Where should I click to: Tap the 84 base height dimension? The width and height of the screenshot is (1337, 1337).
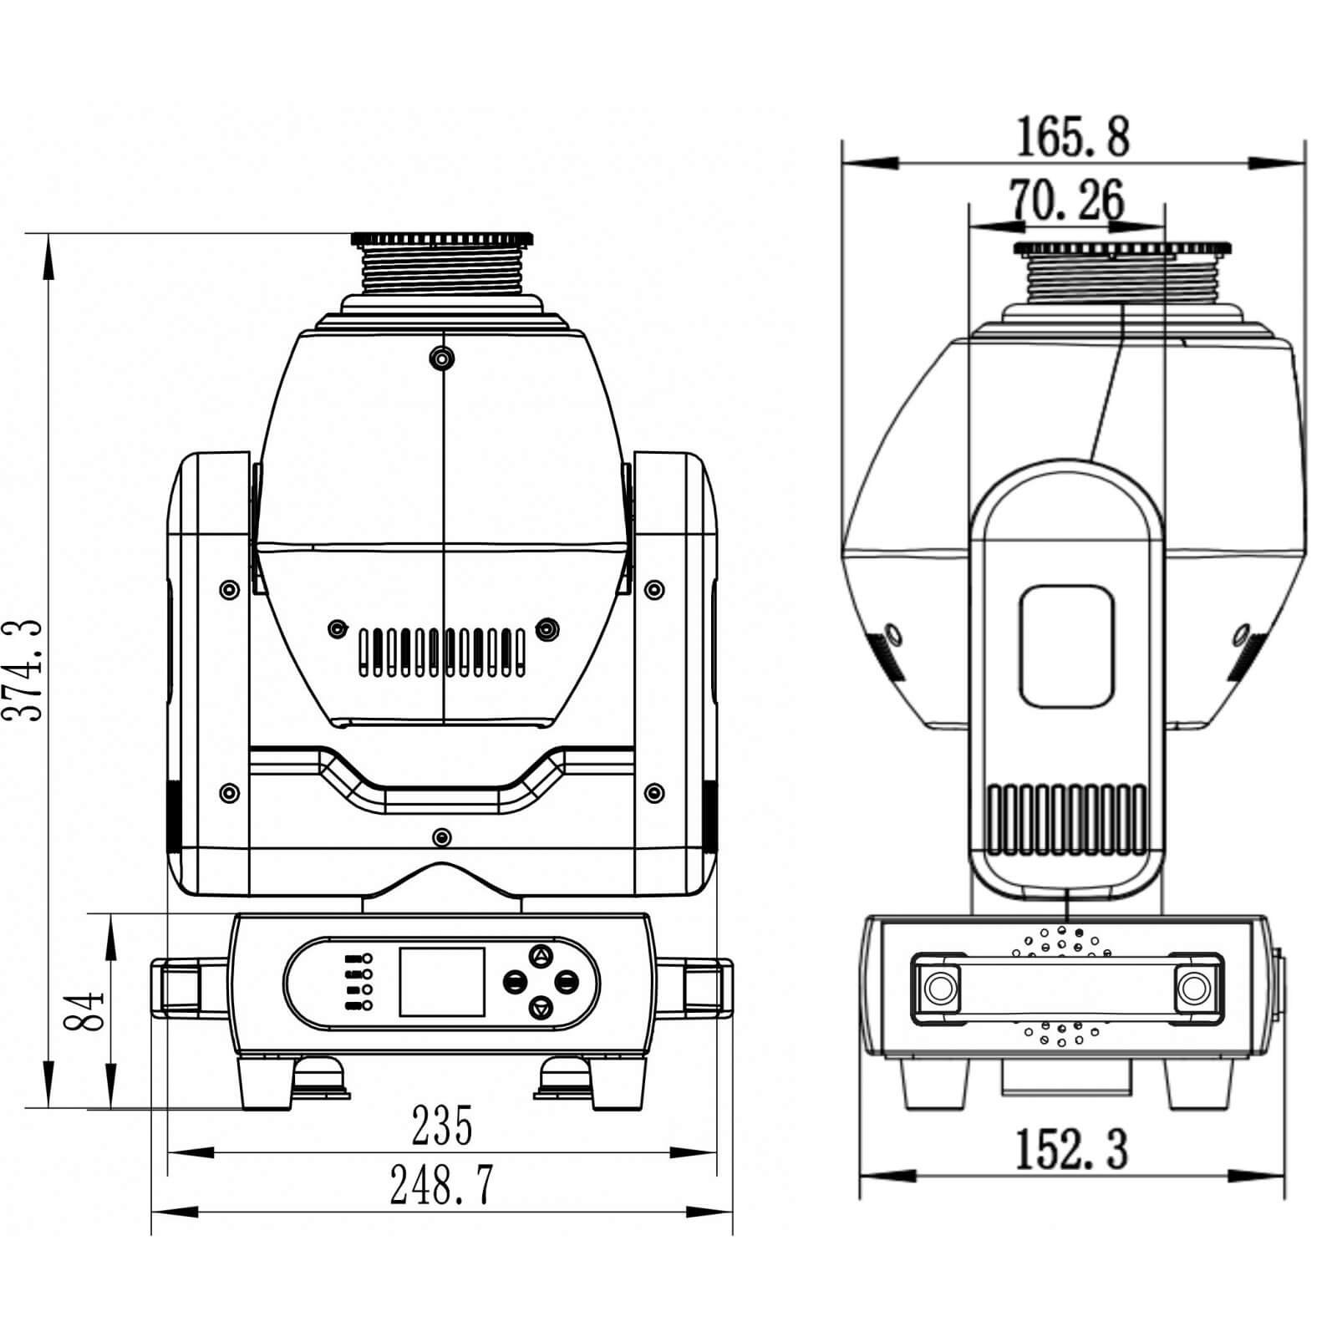point(85,1011)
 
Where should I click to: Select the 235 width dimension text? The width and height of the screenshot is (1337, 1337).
point(442,1125)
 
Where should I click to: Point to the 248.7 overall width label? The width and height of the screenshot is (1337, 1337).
point(442,1185)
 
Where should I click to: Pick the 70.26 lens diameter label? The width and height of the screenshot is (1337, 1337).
point(1067,201)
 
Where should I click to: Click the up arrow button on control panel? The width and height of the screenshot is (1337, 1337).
point(541,956)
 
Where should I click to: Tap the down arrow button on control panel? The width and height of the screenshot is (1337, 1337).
point(541,1009)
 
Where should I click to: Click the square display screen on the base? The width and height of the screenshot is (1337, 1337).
point(442,982)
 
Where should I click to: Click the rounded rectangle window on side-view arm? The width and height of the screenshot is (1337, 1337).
point(1067,645)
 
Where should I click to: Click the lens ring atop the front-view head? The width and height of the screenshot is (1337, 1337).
point(442,241)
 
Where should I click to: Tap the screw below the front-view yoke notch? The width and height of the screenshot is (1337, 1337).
point(442,836)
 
